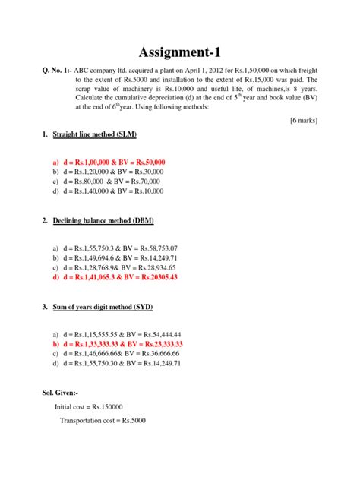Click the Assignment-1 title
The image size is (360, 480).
tap(180, 52)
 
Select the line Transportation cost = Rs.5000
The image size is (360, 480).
tap(103, 420)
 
